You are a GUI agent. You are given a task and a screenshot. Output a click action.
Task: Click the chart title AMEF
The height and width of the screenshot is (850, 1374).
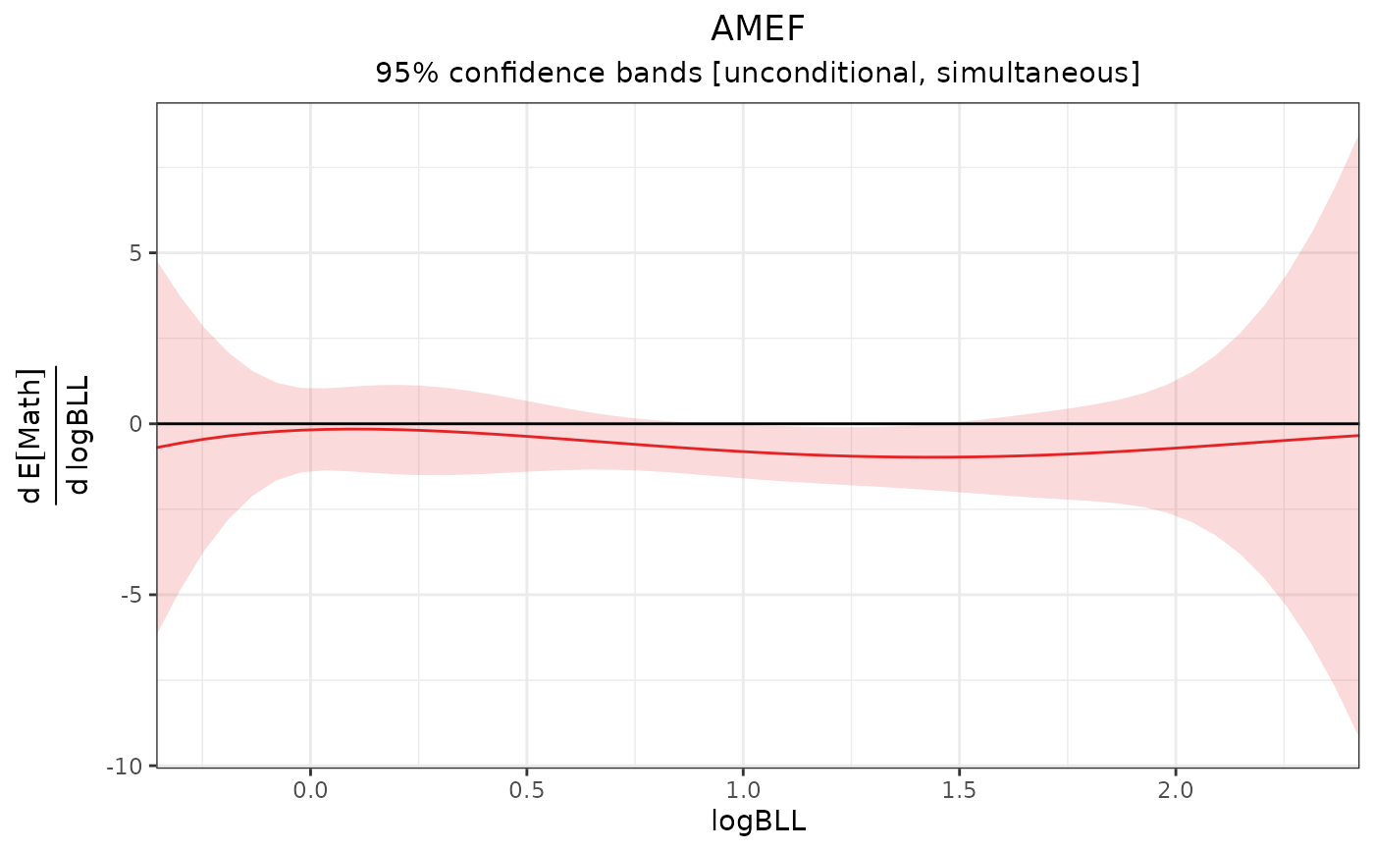(x=757, y=29)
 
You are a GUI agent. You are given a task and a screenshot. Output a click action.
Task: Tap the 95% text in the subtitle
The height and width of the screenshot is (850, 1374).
(x=396, y=74)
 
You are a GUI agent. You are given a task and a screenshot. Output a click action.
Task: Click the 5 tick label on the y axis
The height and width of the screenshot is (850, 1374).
(x=135, y=253)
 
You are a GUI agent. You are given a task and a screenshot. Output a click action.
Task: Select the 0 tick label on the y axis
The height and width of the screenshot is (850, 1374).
(x=135, y=424)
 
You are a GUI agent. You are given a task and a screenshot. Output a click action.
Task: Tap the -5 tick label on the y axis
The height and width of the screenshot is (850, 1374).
(x=132, y=595)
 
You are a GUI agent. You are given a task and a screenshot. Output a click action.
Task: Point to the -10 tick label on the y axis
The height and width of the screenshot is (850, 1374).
(x=128, y=766)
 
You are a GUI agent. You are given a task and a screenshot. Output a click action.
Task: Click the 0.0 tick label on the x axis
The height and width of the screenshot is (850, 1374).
(x=310, y=787)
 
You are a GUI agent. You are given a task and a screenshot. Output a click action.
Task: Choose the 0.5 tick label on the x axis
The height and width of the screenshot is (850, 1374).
(x=527, y=787)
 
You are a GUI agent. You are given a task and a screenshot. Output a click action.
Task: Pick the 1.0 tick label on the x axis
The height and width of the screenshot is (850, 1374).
(x=743, y=787)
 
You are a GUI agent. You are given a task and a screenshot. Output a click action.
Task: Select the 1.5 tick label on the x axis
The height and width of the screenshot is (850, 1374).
(x=960, y=787)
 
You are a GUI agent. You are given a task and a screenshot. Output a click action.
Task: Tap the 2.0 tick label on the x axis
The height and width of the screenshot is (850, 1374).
(x=1176, y=787)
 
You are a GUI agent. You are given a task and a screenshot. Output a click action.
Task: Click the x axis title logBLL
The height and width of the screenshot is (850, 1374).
(x=758, y=823)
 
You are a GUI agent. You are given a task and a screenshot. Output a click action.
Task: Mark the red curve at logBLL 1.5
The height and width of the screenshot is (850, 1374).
(x=960, y=456)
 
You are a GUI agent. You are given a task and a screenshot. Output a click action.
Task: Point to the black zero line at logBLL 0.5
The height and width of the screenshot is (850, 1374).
(x=527, y=423)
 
